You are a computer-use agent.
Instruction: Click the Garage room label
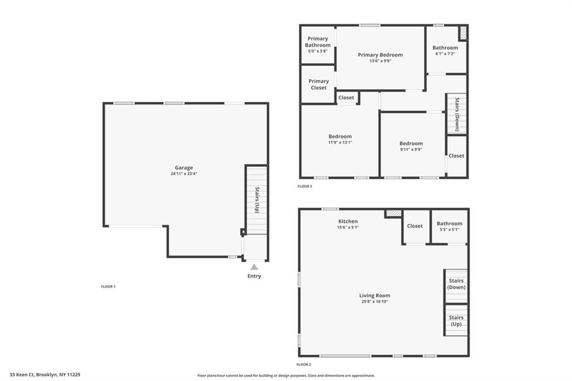tap(184, 168)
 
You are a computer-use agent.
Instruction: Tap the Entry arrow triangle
tap(254, 267)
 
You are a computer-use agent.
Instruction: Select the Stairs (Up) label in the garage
tap(257, 200)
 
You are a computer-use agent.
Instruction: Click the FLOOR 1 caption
tap(108, 286)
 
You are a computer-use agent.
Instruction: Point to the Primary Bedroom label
tap(380, 55)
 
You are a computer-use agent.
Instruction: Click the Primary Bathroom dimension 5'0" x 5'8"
tap(318, 51)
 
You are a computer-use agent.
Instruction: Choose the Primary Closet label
tap(318, 84)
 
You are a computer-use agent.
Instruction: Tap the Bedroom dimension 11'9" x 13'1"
tap(340, 142)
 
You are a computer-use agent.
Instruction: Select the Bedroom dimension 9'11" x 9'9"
tap(411, 149)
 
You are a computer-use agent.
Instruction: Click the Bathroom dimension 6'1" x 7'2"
tap(445, 54)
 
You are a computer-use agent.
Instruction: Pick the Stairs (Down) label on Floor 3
tap(457, 115)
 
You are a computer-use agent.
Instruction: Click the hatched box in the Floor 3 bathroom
tap(463, 33)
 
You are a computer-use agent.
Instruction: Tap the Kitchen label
tap(347, 222)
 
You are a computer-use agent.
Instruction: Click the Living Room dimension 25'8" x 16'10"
tap(374, 302)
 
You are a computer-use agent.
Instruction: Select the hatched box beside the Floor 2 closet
tap(393, 213)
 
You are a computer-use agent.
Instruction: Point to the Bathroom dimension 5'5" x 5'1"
tap(449, 230)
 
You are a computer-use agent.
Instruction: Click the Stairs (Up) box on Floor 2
tap(456, 320)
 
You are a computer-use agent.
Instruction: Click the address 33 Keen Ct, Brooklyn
tap(45, 375)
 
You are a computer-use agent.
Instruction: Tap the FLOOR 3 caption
tap(304, 186)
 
